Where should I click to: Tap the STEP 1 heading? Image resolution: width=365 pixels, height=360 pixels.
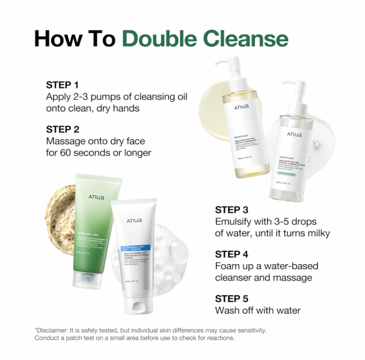(62, 85)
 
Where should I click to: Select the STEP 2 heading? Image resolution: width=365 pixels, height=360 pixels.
(62, 129)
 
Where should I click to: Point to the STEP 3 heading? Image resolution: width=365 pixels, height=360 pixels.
(231, 209)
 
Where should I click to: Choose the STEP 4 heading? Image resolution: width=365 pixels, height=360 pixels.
(231, 254)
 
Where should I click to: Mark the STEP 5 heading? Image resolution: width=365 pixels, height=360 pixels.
(231, 299)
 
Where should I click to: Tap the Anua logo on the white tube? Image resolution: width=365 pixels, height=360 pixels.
(134, 220)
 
